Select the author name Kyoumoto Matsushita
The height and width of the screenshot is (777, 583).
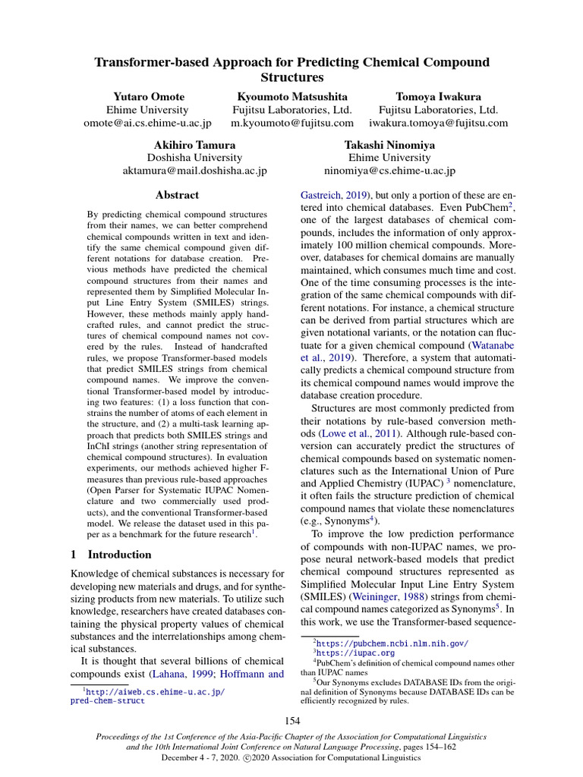coord(292,96)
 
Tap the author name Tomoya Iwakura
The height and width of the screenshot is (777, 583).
coord(438,96)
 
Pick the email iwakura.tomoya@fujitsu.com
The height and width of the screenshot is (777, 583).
coord(438,123)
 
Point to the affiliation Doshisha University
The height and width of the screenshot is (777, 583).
coord(195,158)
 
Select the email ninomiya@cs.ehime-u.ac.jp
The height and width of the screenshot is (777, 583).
coord(389,171)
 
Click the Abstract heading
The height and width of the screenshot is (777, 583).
coord(177,195)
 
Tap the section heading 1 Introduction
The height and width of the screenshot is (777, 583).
coord(110,555)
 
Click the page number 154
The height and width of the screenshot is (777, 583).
coord(291,720)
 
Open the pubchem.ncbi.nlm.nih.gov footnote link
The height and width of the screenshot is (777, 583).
coord(392,643)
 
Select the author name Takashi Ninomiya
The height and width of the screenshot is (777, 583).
coord(389,144)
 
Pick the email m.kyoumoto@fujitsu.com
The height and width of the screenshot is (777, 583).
coord(292,123)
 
